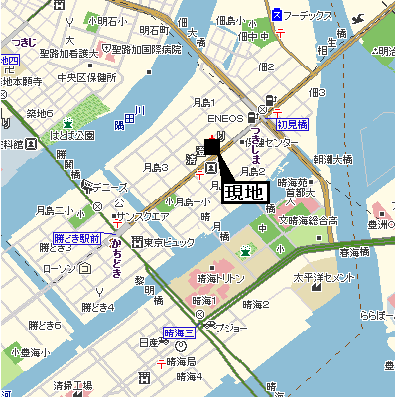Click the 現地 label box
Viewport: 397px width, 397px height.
pos(243,191)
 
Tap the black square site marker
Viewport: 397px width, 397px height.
pos(212,146)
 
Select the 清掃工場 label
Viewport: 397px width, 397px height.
pos(72,385)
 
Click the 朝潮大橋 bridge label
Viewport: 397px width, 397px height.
pos(332,158)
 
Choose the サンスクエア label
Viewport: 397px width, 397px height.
pos(144,216)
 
